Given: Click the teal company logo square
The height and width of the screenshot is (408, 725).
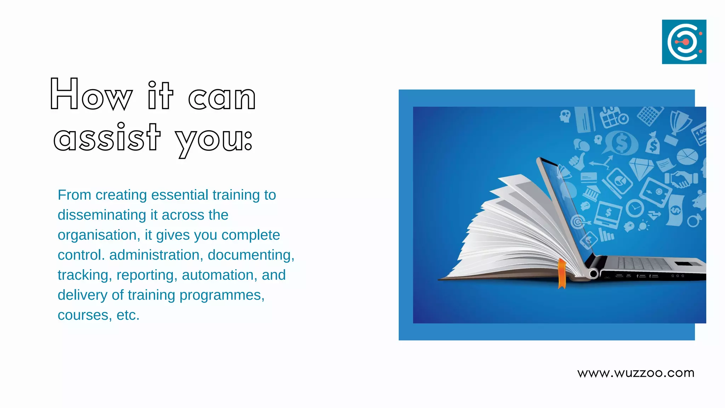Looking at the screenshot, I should click(684, 42).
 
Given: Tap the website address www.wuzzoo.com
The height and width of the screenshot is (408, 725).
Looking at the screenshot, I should click(636, 373).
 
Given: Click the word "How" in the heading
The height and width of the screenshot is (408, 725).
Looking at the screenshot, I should click(91, 95).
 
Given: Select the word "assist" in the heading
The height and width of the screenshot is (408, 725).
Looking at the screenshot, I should click(107, 138).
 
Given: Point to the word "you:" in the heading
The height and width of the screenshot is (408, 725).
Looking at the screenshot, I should click(214, 140).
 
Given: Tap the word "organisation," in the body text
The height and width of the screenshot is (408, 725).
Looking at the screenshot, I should click(99, 235).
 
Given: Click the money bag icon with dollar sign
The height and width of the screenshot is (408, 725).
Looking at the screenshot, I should click(652, 143).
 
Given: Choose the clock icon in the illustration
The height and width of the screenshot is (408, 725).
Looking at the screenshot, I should click(635, 208).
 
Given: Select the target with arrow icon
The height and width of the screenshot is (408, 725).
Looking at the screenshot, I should click(578, 222).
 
